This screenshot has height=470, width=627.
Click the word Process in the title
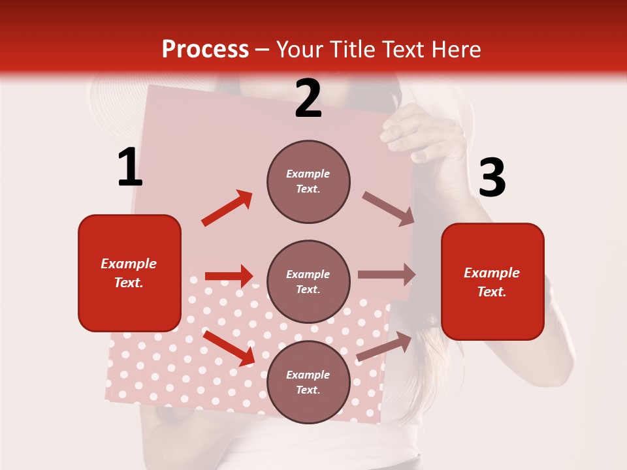tap(205, 50)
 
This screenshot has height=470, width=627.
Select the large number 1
tap(130, 168)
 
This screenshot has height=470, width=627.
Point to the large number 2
tap(308, 99)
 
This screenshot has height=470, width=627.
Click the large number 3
tap(492, 178)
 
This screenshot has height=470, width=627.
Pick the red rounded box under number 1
tap(129, 273)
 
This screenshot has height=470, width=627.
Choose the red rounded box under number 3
tap(492, 281)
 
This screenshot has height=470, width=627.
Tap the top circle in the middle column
tap(308, 181)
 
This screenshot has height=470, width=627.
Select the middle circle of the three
tap(308, 281)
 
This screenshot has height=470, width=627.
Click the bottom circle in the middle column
tap(308, 382)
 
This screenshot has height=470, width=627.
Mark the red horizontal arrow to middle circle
tap(229, 276)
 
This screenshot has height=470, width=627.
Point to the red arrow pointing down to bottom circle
tap(229, 347)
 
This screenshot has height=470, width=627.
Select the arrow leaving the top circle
tap(389, 209)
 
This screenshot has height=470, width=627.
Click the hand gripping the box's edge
tap(418, 134)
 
